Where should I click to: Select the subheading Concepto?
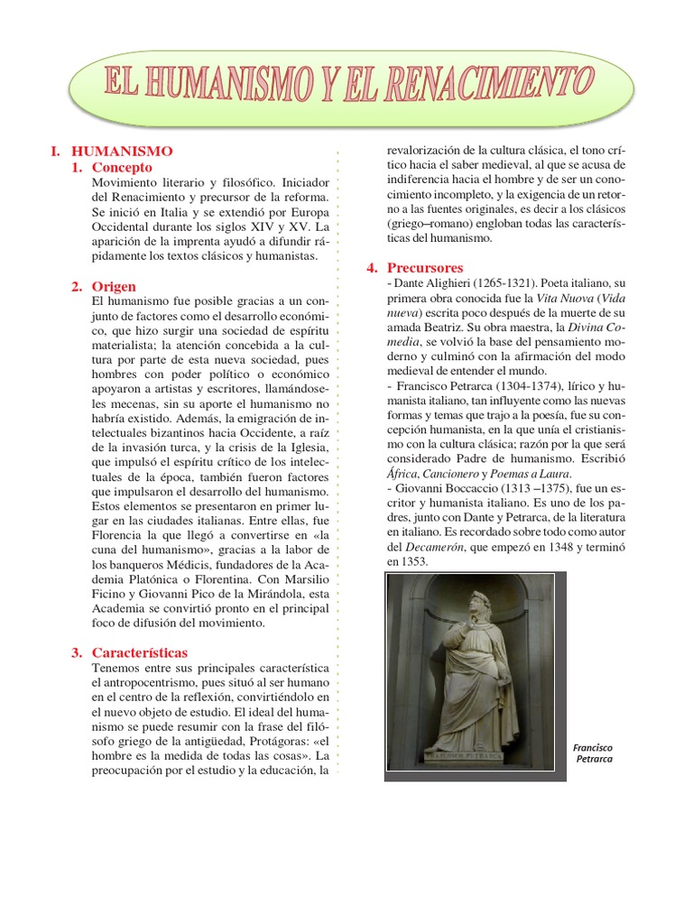coord(122,167)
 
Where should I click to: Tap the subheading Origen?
coord(115,286)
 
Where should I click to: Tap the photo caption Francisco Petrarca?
coord(593,753)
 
